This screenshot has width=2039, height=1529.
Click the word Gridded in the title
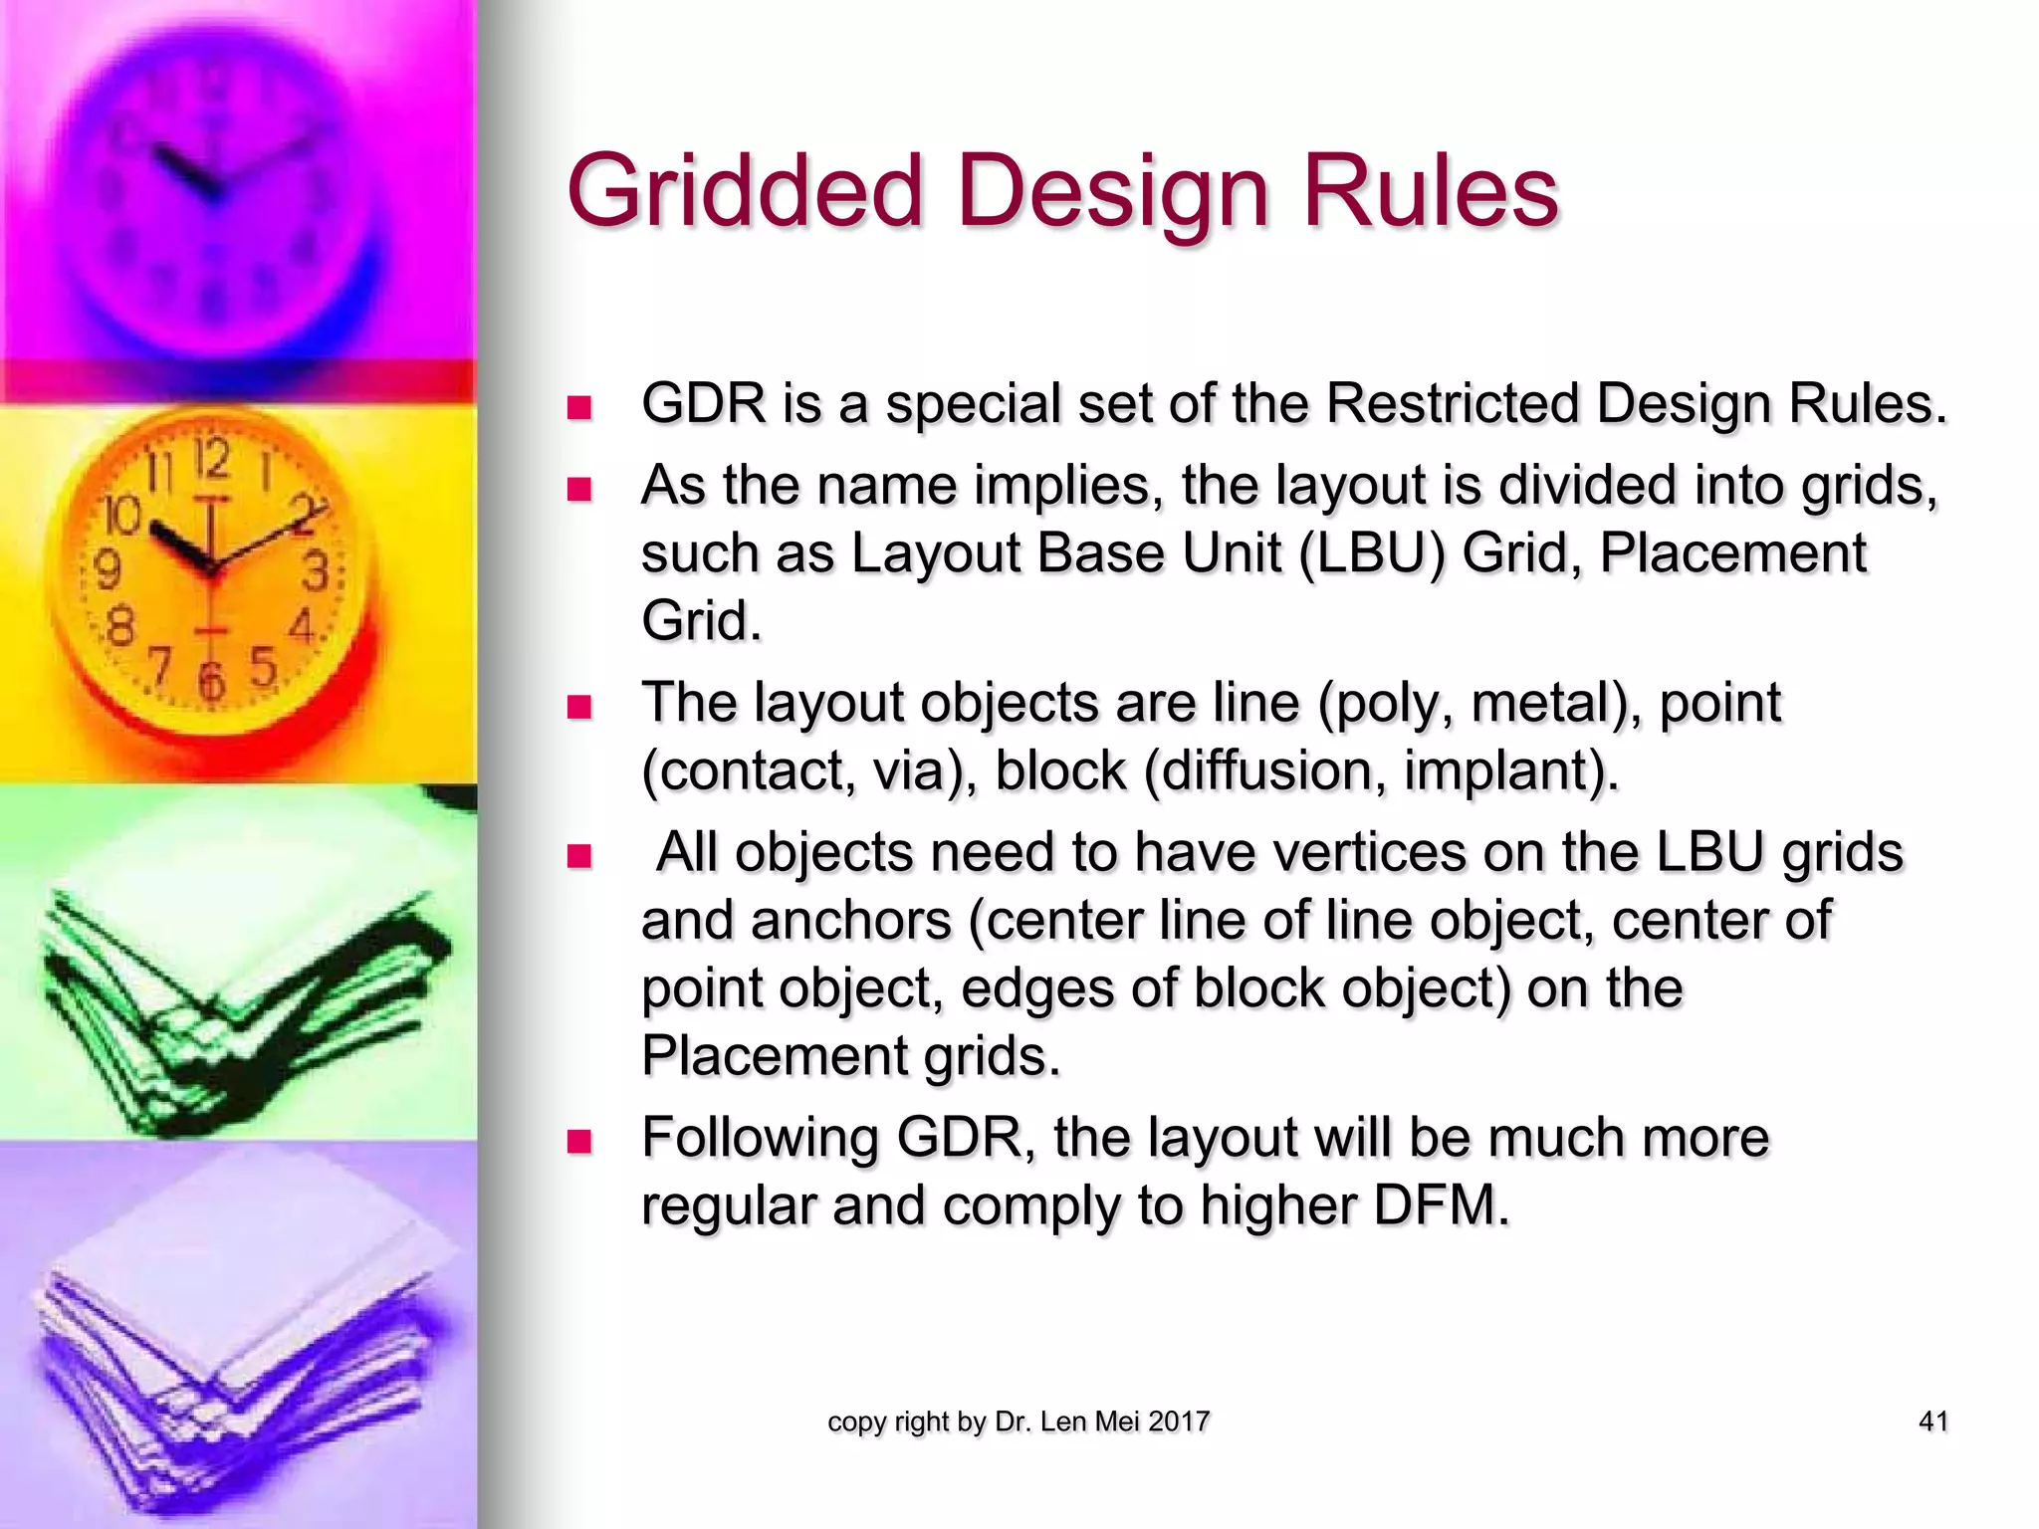click(x=745, y=192)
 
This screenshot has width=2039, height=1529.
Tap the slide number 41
click(x=1932, y=1421)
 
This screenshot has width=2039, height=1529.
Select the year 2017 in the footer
click(x=1179, y=1421)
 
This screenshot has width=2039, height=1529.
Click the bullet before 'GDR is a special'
click(x=578, y=407)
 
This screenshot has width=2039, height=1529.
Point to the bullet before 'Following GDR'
click(x=578, y=1141)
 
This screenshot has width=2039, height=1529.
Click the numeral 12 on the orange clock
click(x=211, y=460)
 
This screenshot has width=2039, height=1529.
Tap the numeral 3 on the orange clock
click(x=316, y=572)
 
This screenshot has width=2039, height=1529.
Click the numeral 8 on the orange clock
click(x=119, y=627)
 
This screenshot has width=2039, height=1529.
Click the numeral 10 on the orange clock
click(x=123, y=515)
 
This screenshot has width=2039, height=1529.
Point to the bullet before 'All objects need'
click(x=578, y=856)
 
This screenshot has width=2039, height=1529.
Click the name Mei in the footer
click(x=1117, y=1421)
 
